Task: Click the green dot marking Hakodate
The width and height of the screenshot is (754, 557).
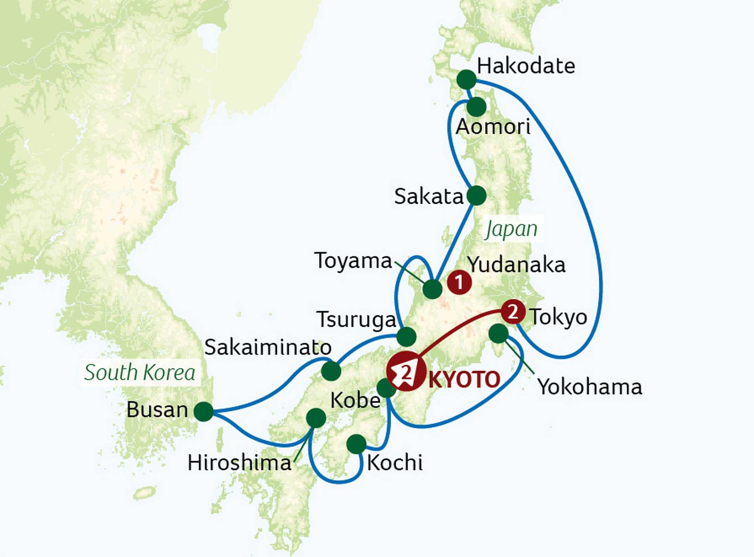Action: [467, 80]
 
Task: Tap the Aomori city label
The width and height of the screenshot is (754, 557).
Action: [493, 127]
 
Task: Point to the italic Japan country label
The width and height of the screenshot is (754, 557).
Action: [511, 229]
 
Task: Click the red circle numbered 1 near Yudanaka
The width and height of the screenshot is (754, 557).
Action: [459, 282]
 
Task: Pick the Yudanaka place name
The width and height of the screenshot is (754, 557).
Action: [516, 265]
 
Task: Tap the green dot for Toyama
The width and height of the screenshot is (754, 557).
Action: [432, 289]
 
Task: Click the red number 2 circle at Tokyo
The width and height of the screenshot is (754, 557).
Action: [513, 312]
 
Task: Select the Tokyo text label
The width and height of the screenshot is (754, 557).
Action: [558, 317]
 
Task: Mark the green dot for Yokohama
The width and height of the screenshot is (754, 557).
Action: [499, 333]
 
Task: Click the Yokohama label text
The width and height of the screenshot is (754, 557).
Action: [589, 387]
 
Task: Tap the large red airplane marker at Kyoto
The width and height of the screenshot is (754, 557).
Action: [406, 371]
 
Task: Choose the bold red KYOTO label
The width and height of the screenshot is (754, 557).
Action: [464, 379]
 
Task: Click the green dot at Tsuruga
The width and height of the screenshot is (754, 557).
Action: [406, 336]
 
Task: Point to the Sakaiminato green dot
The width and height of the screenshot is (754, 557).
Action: [331, 371]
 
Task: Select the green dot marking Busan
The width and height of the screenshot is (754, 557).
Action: [204, 412]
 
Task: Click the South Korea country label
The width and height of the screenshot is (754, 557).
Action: [140, 372]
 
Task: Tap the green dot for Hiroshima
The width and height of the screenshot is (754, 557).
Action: [316, 418]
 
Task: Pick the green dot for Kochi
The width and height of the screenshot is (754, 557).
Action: [357, 444]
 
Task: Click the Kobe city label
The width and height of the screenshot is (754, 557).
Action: [355, 401]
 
